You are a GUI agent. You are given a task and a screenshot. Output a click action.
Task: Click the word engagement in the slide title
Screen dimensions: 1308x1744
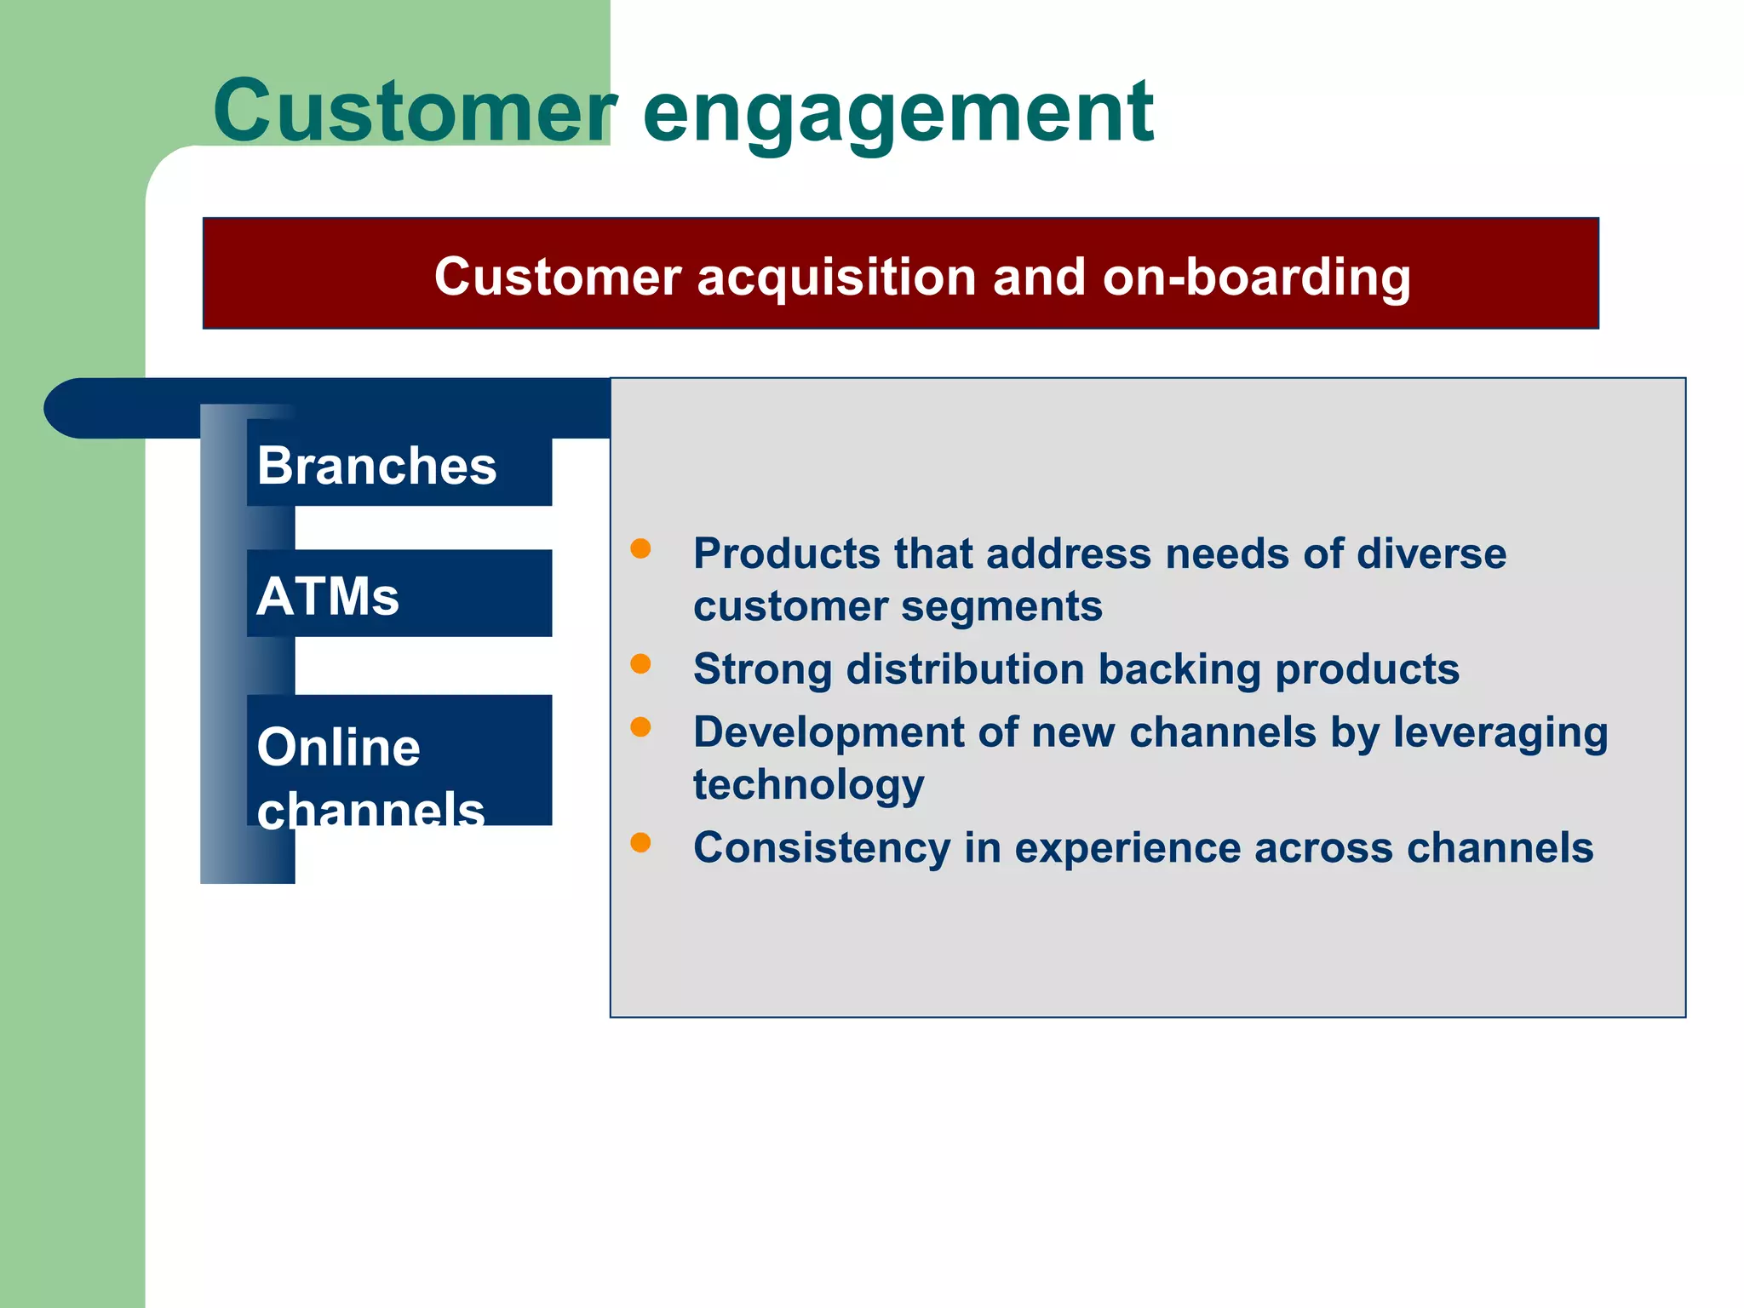(x=898, y=112)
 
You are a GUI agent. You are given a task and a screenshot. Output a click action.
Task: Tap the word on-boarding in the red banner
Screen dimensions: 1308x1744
(x=1256, y=277)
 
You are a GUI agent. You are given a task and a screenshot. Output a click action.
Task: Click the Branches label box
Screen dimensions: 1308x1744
(x=399, y=465)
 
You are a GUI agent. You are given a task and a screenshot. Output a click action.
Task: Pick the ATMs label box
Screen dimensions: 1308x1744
(x=399, y=594)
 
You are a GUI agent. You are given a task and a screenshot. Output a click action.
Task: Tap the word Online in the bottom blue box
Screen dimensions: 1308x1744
(x=338, y=747)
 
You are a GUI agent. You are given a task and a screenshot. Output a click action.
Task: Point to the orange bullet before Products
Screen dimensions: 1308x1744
(x=640, y=548)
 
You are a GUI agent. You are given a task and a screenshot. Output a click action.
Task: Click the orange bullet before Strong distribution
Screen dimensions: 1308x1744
(x=640, y=663)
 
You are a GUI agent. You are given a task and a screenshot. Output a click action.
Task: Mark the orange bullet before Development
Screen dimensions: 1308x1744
(x=640, y=726)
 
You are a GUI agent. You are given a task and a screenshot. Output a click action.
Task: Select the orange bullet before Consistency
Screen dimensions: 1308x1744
(x=640, y=842)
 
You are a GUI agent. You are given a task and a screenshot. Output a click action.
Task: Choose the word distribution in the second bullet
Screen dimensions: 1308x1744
(x=965, y=668)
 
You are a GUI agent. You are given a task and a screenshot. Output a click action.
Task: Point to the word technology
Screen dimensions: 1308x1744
(x=808, y=785)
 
